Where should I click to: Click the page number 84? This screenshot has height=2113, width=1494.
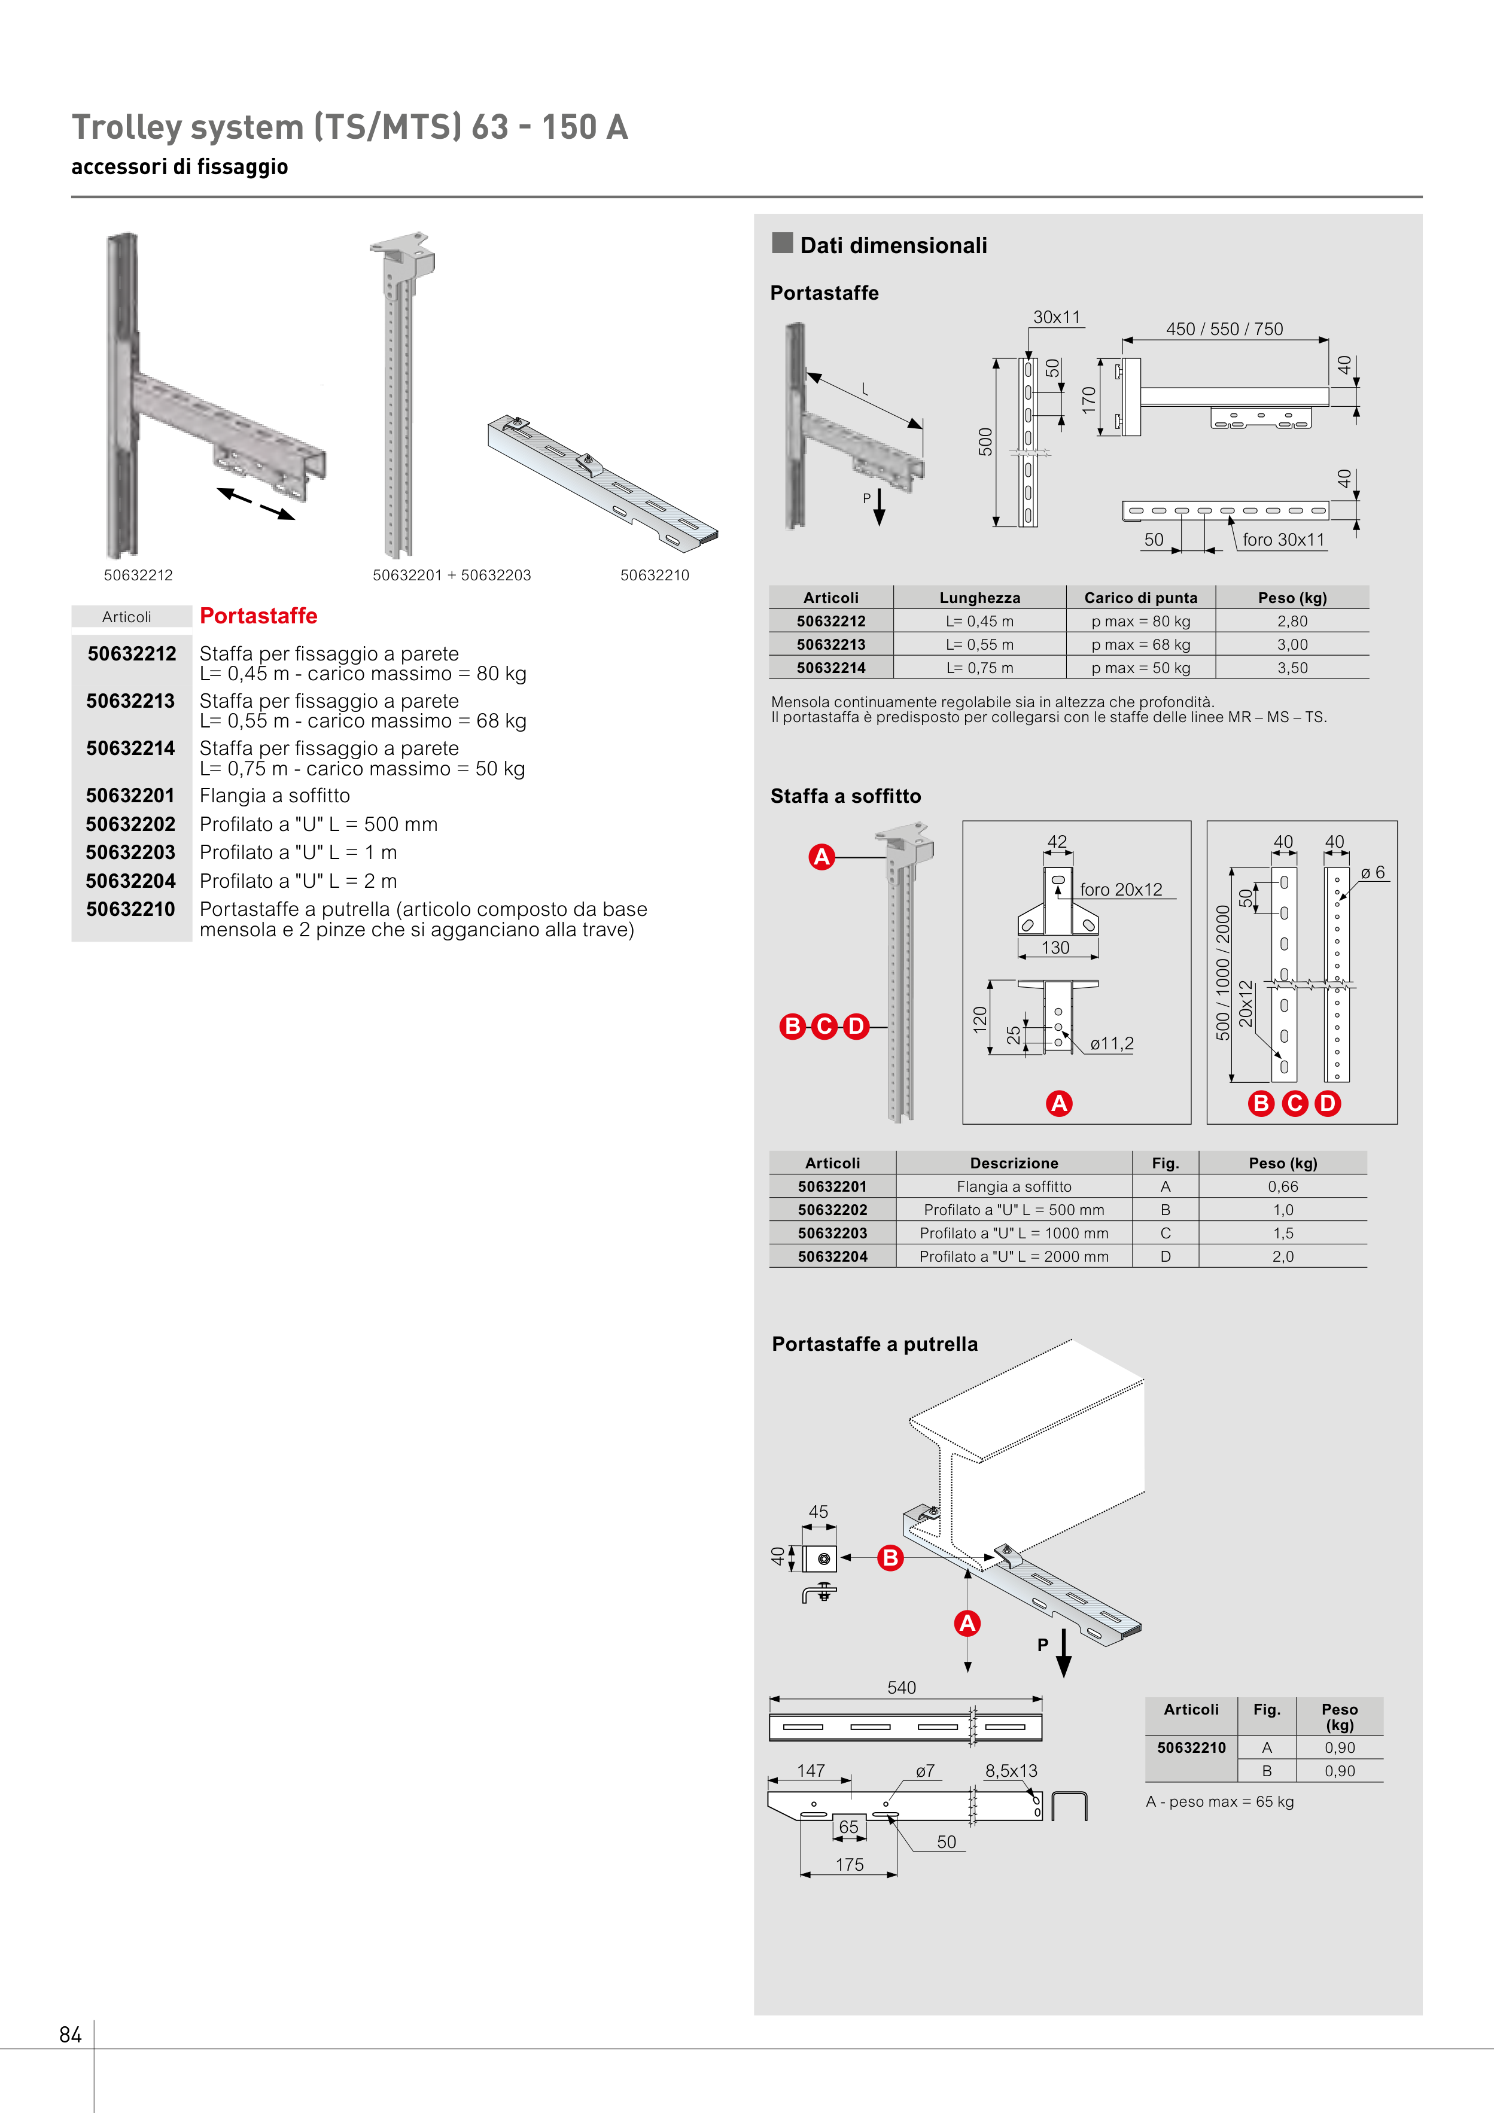70,2034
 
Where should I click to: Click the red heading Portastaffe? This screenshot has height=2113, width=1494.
258,616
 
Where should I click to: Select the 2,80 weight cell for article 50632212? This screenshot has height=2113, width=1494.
1292,621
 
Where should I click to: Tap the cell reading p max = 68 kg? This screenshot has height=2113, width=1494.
1140,644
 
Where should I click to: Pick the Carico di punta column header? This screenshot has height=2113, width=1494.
1140,597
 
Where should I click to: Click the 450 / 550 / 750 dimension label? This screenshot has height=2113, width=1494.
1224,328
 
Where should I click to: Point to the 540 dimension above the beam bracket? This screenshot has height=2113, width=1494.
901,1687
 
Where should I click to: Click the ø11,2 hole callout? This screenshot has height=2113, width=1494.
1111,1043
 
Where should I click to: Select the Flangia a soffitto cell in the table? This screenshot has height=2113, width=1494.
1014,1186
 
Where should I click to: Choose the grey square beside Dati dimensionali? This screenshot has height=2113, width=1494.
783,243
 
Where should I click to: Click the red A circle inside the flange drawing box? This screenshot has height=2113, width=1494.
1058,1103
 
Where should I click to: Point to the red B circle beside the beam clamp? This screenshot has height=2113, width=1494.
890,1557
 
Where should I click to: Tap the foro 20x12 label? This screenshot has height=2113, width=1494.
1120,889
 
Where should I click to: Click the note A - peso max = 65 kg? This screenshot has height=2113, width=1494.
1219,1801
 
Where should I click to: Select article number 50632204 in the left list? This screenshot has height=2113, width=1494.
130,881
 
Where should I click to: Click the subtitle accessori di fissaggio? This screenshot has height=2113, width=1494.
179,166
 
